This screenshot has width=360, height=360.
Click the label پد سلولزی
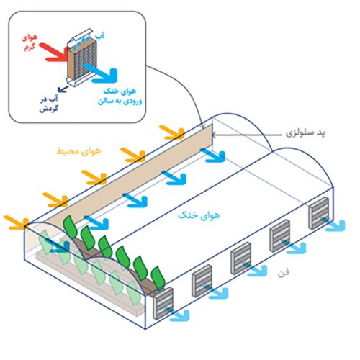tap(305, 133)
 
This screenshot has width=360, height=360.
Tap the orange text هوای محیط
tap(78, 150)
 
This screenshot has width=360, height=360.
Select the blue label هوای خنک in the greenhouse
tap(199, 215)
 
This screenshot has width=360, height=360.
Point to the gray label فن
tap(284, 273)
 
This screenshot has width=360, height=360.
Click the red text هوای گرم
tap(30, 42)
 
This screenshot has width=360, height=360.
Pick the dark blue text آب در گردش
tap(49, 104)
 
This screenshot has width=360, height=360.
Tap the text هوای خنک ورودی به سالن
tap(120, 96)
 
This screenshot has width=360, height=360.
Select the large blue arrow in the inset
tap(101, 73)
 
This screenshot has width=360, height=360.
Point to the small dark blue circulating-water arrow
tap(63, 89)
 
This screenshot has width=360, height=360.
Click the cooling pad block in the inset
tap(82, 59)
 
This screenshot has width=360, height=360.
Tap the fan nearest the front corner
tap(163, 303)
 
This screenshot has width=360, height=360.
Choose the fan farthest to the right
tap(319, 213)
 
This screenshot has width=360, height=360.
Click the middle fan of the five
tap(241, 258)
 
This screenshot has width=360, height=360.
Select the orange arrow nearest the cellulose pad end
tap(172, 132)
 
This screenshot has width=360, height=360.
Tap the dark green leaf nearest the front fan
tap(158, 278)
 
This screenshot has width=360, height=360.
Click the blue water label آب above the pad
tap(99, 36)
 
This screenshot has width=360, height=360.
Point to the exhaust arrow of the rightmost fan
tap(333, 225)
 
